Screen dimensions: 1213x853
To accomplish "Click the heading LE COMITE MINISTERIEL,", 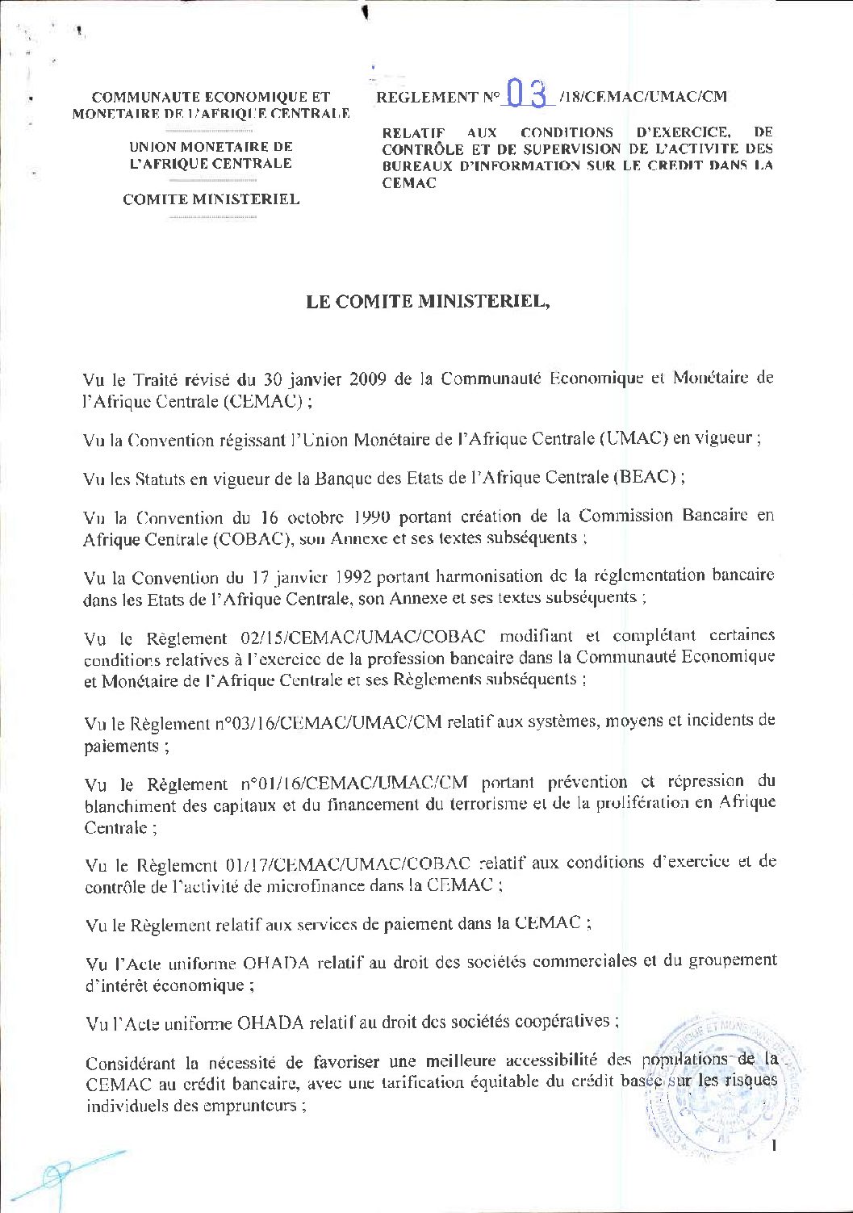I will point(428,302).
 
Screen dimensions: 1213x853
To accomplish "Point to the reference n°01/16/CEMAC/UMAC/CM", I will point(353,783).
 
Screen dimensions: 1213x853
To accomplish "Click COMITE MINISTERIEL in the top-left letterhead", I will point(211,199).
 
